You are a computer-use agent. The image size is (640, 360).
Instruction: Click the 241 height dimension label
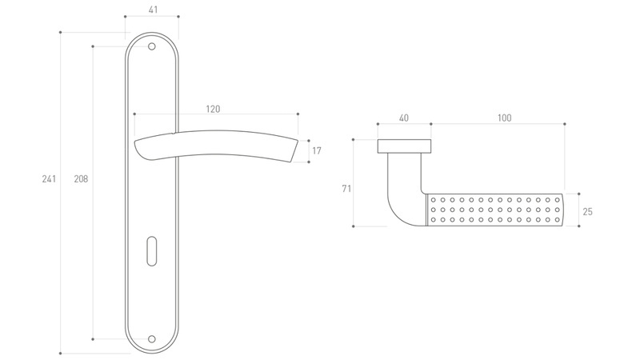pos(49,178)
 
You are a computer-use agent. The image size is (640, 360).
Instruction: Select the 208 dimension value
pos(81,178)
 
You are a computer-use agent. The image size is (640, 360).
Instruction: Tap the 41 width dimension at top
pos(153,10)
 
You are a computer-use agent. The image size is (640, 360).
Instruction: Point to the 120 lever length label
pos(213,109)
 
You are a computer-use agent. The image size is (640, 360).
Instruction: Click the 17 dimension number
pos(317,150)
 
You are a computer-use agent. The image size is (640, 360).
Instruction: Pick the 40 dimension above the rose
pos(403,118)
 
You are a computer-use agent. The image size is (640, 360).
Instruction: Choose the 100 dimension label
pos(505,118)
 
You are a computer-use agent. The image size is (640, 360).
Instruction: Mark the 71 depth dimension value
pos(346,189)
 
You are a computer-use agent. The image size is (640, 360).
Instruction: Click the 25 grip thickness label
pos(587,211)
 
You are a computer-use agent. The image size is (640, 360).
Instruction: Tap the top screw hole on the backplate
pos(152,46)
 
